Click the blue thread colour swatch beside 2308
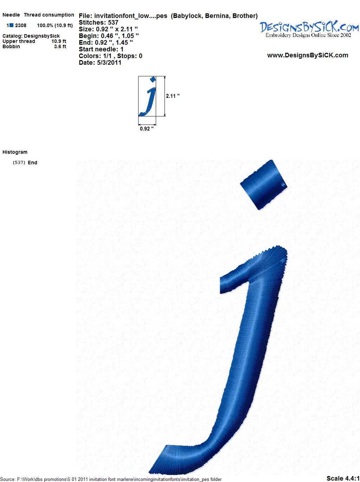coord(11,25)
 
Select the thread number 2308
coord(21,25)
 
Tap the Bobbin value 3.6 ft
coord(60,46)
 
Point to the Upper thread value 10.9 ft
coord(59,41)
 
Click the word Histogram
coord(15,152)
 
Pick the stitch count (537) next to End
coord(19,163)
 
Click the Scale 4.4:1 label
coord(343,478)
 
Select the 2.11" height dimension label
coord(173,96)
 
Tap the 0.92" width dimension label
coord(147,129)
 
